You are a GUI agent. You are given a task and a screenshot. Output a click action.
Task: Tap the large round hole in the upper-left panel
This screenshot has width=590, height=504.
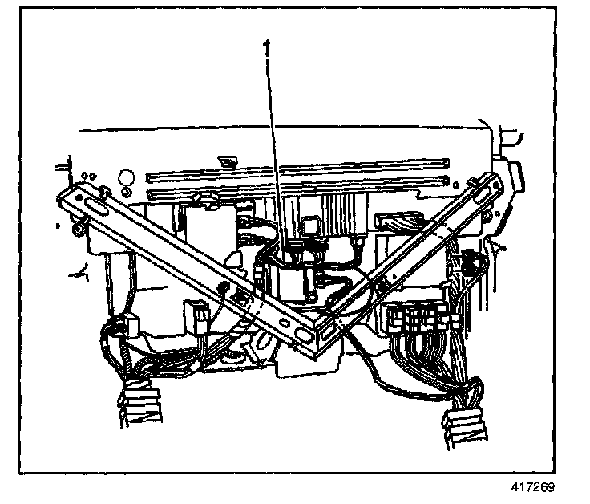[125, 176]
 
